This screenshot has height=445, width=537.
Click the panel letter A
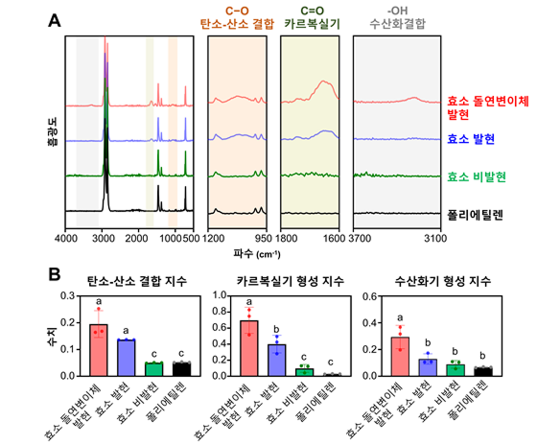(55, 20)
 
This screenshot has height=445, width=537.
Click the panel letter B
(55, 274)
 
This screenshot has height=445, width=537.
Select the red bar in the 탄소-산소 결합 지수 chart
(99, 350)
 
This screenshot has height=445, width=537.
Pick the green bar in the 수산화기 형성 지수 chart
(455, 370)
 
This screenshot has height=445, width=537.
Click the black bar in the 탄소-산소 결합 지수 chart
(181, 369)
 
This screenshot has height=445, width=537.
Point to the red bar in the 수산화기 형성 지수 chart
(400, 357)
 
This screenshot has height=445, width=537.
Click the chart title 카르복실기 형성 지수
(291, 281)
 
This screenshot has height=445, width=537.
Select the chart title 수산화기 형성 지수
(443, 281)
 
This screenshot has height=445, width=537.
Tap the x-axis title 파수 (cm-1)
(257, 254)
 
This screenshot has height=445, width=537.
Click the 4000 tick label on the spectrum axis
(65, 238)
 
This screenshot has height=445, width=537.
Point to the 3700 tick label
(360, 238)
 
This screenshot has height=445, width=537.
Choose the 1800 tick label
(287, 238)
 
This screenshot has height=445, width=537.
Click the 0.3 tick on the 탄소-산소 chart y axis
(67, 295)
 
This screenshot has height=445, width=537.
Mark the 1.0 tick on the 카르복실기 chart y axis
(220, 295)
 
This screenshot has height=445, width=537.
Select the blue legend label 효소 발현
(471, 139)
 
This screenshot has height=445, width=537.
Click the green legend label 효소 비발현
(477, 177)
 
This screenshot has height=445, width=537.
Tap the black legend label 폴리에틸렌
(476, 215)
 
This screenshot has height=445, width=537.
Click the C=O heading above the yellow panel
(312, 11)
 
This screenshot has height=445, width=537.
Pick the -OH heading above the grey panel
(397, 11)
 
